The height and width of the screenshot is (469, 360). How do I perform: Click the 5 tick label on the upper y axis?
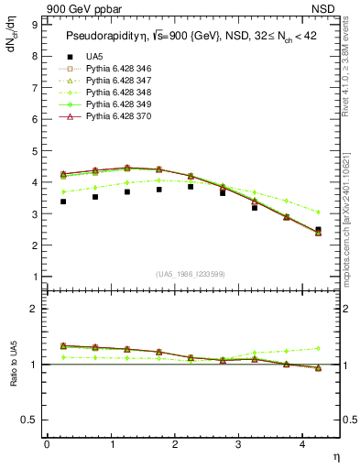coord(35,151)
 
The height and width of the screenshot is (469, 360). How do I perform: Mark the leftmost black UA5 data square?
coord(62,202)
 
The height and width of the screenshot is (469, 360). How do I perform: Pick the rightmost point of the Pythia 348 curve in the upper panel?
coord(318,212)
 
